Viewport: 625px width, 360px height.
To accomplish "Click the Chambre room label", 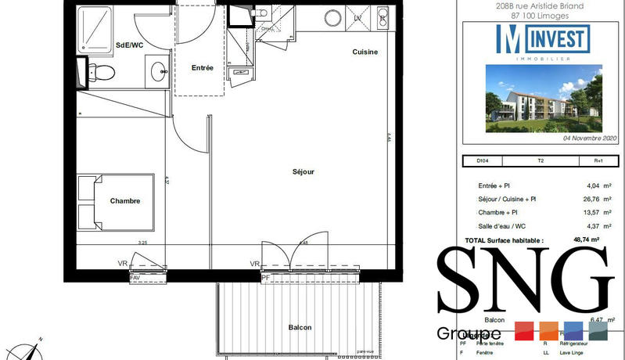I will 125,201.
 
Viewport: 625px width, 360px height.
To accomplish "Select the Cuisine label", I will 364,52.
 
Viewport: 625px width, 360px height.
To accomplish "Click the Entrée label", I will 203,68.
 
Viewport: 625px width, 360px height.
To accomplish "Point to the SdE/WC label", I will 129,45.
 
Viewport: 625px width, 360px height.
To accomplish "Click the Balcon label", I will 300,327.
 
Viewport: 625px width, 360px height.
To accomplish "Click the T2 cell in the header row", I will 541,161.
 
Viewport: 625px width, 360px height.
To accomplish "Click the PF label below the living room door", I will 266,277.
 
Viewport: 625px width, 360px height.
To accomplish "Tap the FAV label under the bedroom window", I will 135,277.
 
